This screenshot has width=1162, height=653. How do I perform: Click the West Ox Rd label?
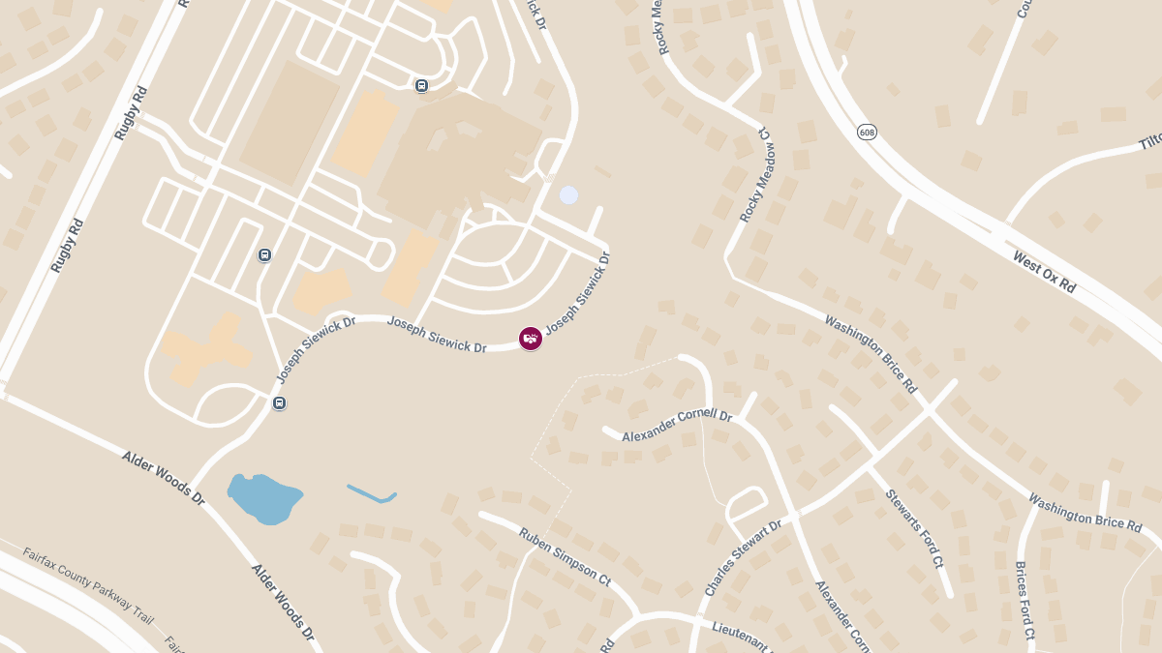(x=1044, y=272)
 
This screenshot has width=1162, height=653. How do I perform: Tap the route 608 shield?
(x=867, y=131)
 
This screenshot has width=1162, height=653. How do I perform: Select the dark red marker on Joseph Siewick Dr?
(x=531, y=339)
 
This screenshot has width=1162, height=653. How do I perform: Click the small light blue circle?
(x=568, y=195)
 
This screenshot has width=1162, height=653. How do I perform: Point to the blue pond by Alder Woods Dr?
(x=263, y=497)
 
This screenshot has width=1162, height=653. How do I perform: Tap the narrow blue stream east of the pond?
(x=372, y=494)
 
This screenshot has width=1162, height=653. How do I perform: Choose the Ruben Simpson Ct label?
(x=564, y=557)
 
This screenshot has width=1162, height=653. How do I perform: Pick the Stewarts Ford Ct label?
(x=913, y=528)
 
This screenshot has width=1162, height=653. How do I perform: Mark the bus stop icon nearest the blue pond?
(x=279, y=402)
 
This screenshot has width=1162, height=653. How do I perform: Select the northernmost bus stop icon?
(x=421, y=86)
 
